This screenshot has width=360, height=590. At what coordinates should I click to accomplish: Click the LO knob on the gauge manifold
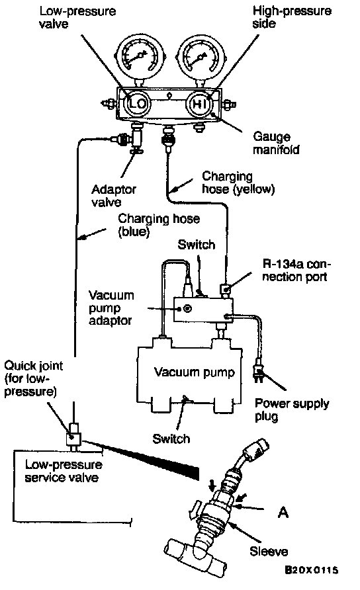pos(138,103)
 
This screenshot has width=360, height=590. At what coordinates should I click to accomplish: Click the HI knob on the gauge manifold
pos(199,103)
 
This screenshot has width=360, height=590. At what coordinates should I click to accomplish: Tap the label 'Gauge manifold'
pos(276,144)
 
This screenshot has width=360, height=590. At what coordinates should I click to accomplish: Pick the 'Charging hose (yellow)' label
pos(238,183)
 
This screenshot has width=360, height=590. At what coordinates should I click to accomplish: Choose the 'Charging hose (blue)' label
pos(159,225)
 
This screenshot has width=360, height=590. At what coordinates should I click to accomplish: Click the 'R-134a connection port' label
pos(295,271)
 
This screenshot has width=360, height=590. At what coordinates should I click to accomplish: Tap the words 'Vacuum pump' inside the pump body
pos(195,372)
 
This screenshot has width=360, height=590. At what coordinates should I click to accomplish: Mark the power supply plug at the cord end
pos(258,373)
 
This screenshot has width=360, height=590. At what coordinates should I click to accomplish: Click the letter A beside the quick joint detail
pos(283,512)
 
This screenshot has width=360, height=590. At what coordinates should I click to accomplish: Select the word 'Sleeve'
pos(269,552)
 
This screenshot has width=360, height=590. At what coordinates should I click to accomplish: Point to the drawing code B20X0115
pos(311,570)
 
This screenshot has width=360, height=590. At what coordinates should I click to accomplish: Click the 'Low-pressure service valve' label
pos(64,471)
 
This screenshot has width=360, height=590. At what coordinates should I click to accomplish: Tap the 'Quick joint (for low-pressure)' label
pos(33,378)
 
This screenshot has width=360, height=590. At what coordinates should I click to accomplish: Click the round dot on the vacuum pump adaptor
pos(187,309)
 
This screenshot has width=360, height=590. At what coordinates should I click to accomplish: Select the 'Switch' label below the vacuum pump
pos(171,439)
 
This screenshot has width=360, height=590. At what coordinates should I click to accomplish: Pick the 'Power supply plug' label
pos(292,410)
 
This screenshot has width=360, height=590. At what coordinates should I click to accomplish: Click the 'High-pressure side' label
pos(292,17)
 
